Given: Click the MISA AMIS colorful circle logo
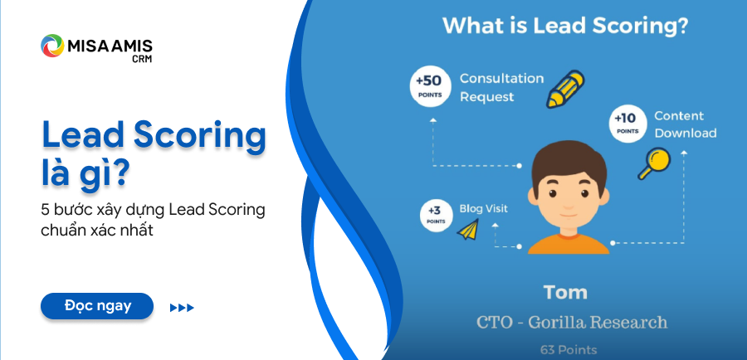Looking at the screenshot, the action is coord(52,46).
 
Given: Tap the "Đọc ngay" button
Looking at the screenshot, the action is coord(97,306).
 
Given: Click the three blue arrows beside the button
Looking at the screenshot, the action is coord(182,308).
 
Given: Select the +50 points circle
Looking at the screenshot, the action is coord(430,86).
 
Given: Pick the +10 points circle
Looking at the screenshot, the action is coord(628,124).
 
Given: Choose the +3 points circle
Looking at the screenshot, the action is coord(436,216).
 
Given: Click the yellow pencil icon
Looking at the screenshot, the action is coord(565,89).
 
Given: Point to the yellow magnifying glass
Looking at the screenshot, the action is coord(654,163).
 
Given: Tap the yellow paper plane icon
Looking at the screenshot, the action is coord(468,229).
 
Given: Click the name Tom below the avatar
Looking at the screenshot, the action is coord(565,292).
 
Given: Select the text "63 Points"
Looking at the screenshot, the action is coord(569,350).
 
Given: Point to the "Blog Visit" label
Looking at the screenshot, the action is coord(484,208).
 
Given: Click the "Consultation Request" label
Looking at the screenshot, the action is coord(501,88).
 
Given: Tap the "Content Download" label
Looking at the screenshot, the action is coord(685,124).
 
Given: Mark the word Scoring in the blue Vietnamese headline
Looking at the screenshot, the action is coord(199,135).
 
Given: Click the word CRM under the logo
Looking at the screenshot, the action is coord(142,59).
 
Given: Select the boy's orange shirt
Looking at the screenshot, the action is coord(569,243).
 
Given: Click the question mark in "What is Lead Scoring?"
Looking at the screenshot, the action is coord(681,27).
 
